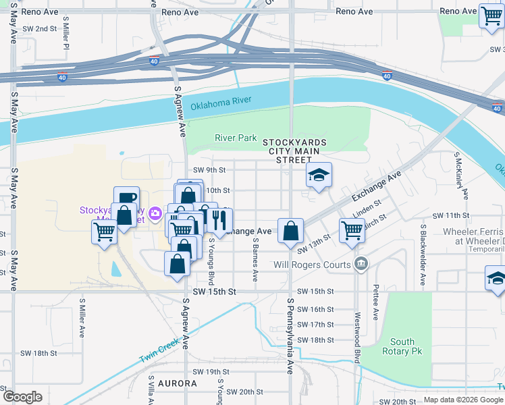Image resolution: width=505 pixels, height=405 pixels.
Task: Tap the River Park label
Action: (236, 138)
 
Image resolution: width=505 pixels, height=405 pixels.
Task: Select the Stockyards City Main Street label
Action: (294, 151)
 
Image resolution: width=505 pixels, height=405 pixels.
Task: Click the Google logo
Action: (22, 397)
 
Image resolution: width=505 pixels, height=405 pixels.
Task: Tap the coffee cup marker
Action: (126, 198)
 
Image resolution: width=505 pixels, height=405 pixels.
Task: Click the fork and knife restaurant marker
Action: (219, 219)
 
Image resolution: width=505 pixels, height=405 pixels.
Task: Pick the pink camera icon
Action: (156, 214)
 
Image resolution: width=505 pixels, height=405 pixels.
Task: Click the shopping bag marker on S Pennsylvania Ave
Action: (290, 232)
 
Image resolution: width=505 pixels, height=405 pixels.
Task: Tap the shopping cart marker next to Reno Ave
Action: (491, 16)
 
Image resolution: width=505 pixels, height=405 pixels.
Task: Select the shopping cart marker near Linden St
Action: (352, 230)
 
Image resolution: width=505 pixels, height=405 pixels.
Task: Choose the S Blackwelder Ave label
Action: (423, 253)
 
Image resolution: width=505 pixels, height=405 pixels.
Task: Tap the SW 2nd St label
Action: (39, 28)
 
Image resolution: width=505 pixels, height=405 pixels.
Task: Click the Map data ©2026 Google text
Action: (462, 400)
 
